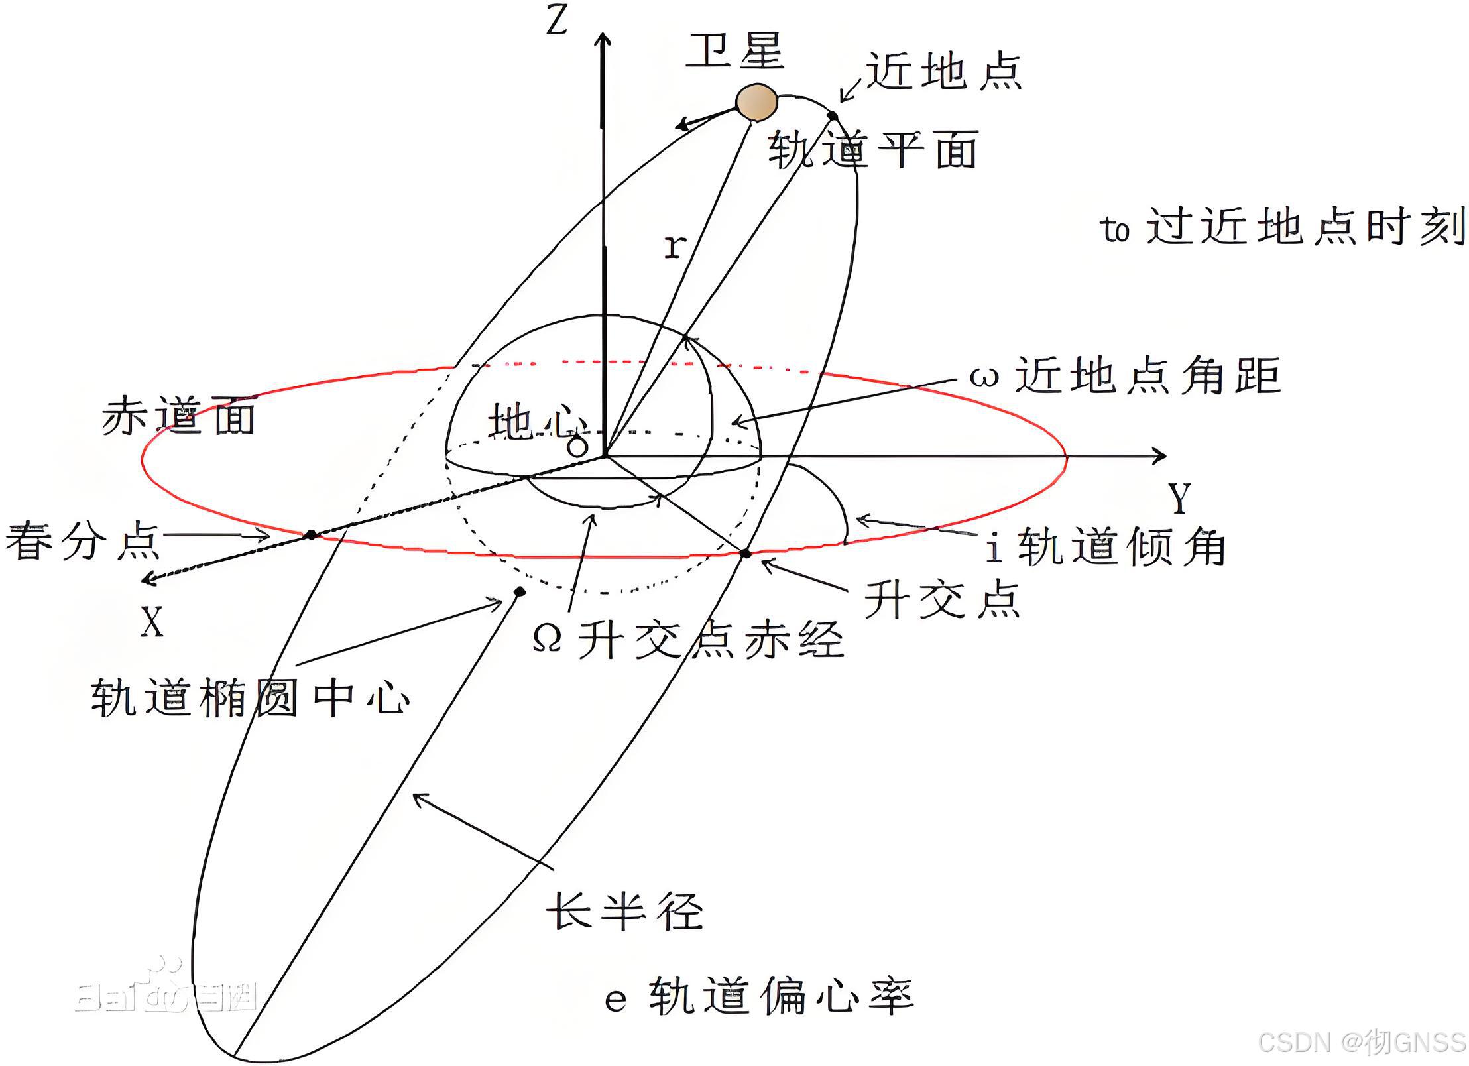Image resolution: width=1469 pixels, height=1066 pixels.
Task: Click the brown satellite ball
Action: coord(756,103)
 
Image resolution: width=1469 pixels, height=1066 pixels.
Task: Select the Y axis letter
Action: coord(1179,498)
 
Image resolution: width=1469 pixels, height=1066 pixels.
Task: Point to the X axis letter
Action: coord(152,622)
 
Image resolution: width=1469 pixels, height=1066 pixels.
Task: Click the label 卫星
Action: coord(734,51)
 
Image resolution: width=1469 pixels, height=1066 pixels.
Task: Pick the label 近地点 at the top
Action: coord(944,72)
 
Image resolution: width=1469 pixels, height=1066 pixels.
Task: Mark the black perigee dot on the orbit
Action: coord(833,117)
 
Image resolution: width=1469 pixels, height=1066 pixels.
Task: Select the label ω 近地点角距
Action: coord(1125,376)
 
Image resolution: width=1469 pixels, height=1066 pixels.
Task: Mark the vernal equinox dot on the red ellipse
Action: coord(310,534)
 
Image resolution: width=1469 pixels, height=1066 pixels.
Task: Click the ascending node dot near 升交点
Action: coord(746,553)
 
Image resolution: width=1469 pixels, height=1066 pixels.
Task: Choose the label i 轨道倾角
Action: coord(1105,548)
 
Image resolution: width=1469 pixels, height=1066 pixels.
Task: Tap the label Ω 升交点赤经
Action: coord(688,639)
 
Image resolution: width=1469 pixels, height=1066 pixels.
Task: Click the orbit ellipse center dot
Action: coord(520,591)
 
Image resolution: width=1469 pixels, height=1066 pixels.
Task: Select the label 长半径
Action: coord(624,911)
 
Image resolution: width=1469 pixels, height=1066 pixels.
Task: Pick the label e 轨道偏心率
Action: coord(759,996)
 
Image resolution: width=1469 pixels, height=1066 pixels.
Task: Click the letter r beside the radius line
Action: coord(674,247)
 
